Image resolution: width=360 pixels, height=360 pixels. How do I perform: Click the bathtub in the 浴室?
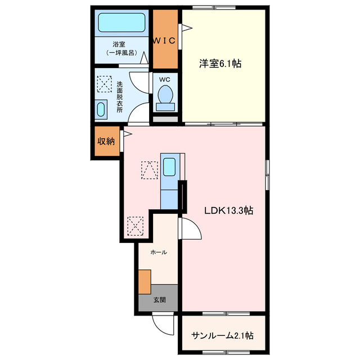122,23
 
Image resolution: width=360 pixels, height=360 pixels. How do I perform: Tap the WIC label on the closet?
164,40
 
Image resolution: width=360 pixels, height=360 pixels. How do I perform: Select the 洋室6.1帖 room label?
220,64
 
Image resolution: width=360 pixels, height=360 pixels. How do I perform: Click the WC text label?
165,80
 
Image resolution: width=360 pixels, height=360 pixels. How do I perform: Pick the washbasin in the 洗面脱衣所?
101,109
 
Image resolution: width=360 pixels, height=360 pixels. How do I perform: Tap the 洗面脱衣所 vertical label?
120,97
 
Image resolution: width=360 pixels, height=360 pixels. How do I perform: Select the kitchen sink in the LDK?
169,167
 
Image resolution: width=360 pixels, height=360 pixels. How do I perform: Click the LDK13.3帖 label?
228,211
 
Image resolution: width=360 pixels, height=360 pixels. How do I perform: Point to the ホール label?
158,253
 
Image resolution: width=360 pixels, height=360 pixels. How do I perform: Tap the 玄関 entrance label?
160,300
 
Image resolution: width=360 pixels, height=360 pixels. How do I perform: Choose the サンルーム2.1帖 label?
223,336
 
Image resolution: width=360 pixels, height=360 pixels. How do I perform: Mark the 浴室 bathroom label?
118,44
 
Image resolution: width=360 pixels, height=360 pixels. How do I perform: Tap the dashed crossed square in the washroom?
105,83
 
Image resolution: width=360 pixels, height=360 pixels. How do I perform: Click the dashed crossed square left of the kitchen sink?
150,170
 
